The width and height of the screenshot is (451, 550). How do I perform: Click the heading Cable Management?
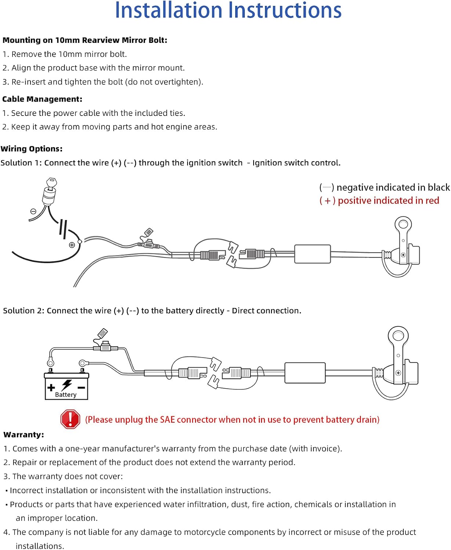42,99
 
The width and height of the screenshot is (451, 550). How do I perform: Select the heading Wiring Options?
32,148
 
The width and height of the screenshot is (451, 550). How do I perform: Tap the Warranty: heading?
24,435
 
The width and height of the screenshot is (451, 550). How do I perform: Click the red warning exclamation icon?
70,419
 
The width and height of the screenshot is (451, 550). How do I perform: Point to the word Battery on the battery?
66,395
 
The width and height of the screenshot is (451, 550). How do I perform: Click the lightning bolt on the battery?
67,385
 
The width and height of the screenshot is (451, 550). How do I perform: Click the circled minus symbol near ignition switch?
33,211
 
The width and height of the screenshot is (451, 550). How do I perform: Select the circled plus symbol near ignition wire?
72,245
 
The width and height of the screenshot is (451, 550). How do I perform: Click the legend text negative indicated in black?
393,187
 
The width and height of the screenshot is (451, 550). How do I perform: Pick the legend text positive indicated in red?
388,201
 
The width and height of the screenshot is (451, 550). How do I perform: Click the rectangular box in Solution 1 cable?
312,254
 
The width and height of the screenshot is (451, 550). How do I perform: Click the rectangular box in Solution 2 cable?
305,373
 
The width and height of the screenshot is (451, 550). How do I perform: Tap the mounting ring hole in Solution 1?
403,224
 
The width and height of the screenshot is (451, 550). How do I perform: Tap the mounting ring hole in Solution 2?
398,335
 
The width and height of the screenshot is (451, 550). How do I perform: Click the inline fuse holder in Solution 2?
106,347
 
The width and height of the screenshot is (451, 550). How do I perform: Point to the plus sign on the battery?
51,387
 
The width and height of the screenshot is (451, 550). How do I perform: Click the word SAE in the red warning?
167,419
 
